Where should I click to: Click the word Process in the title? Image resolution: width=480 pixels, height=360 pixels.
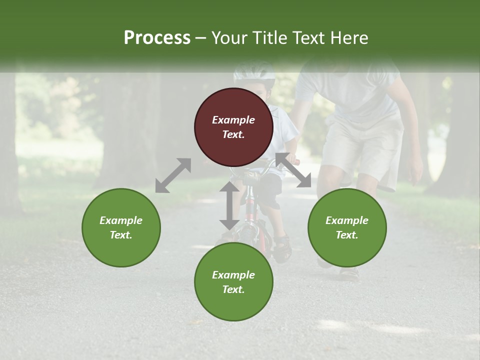[157, 38]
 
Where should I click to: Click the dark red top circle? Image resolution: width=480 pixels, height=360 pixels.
[233, 127]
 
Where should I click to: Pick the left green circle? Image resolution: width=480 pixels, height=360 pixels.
[121, 227]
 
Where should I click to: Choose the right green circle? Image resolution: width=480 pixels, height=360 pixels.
[346, 227]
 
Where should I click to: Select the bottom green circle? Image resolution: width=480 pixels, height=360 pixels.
[233, 281]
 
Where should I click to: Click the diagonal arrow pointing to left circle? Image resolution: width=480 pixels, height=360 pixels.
[173, 175]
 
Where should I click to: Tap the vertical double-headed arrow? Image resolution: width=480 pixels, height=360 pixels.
[229, 205]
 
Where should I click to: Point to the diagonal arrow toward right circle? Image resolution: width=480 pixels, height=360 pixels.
[293, 170]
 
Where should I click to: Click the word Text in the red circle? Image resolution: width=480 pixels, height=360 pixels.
[233, 134]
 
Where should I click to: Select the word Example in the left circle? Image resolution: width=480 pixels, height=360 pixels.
[121, 220]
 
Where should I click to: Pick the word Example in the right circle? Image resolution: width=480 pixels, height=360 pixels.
[346, 220]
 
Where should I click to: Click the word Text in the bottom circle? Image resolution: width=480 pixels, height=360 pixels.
[233, 289]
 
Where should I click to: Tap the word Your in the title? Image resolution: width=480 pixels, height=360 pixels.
[227, 38]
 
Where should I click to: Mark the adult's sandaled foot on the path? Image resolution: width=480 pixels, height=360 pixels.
[349, 273]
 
